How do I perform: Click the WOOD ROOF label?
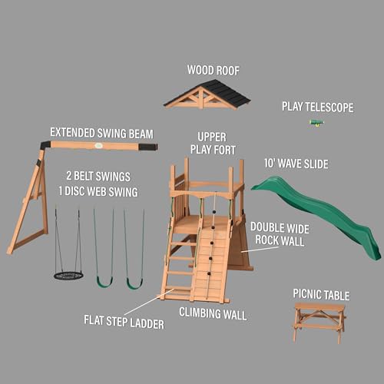(x=213, y=71)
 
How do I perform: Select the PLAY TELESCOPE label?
(x=318, y=108)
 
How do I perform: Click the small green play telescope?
(x=316, y=123)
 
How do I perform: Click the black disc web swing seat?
(x=68, y=275)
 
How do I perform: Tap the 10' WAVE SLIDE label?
(x=296, y=164)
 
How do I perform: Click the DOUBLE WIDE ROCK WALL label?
(x=277, y=234)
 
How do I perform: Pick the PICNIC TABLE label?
(x=321, y=295)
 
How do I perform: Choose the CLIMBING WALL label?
(x=212, y=313)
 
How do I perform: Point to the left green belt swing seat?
(x=104, y=282)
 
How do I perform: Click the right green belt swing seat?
(x=134, y=283)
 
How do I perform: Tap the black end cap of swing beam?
(x=147, y=146)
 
